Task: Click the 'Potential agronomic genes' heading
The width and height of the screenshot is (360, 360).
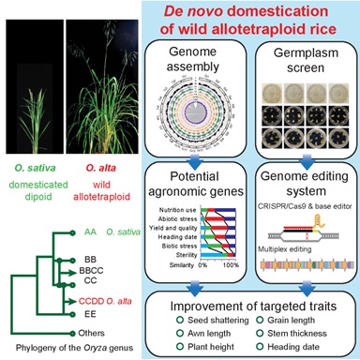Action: (x=193, y=184)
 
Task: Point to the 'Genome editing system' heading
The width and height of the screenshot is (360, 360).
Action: (x=297, y=184)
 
